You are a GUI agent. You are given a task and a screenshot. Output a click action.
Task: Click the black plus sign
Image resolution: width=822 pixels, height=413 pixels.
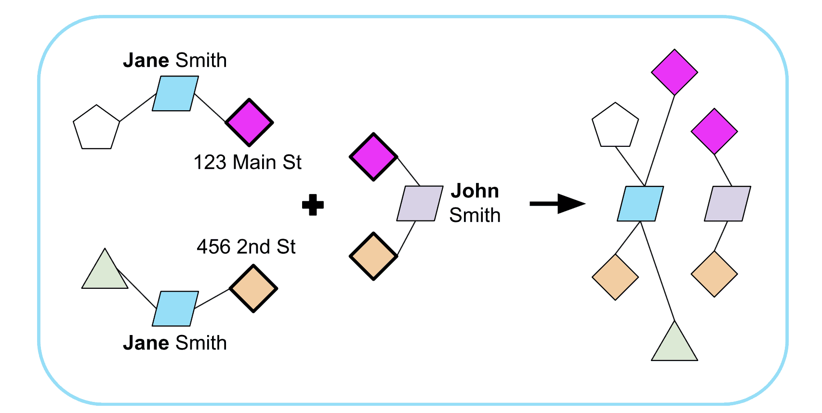click(x=313, y=205)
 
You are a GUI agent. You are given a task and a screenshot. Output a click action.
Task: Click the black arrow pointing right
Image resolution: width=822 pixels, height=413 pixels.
click(x=557, y=204)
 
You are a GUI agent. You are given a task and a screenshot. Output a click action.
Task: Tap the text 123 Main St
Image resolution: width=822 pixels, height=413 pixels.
click(x=247, y=162)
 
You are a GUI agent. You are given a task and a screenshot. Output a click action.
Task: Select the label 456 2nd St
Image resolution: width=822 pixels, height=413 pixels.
click(x=246, y=246)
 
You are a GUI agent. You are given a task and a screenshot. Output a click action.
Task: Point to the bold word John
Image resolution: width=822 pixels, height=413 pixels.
click(x=475, y=191)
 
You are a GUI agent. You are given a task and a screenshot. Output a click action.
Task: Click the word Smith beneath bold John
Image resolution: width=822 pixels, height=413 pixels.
click(x=475, y=215)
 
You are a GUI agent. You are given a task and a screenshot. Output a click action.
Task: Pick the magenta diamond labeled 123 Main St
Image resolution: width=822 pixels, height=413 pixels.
click(x=249, y=122)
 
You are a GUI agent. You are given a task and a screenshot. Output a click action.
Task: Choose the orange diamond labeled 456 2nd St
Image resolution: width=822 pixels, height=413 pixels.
click(x=253, y=289)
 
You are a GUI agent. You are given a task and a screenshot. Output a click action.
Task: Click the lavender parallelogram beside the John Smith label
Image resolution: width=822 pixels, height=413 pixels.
click(x=419, y=204)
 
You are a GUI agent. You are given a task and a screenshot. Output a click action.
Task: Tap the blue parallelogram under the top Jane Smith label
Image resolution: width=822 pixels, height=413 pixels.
click(x=175, y=94)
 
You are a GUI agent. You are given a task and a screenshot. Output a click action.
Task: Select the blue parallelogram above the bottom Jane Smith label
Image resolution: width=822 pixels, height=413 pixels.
click(x=175, y=309)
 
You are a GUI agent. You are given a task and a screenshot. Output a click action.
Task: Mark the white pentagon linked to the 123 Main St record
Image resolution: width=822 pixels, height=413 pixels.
click(x=96, y=128)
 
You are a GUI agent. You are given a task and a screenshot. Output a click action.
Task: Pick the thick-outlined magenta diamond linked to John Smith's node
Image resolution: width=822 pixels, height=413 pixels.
click(x=373, y=157)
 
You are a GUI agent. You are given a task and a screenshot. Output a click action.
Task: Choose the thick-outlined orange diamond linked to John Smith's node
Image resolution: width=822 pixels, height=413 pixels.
click(x=373, y=256)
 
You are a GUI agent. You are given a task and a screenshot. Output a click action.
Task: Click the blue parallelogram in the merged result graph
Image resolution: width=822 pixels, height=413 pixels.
click(x=640, y=204)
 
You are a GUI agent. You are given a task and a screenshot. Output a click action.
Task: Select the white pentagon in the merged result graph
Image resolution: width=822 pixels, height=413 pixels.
click(x=615, y=126)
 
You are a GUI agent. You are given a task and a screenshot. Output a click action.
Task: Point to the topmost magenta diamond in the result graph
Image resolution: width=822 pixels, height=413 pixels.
click(x=675, y=72)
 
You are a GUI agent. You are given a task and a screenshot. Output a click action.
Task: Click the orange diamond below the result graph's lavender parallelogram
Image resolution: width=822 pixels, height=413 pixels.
click(x=714, y=274)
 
